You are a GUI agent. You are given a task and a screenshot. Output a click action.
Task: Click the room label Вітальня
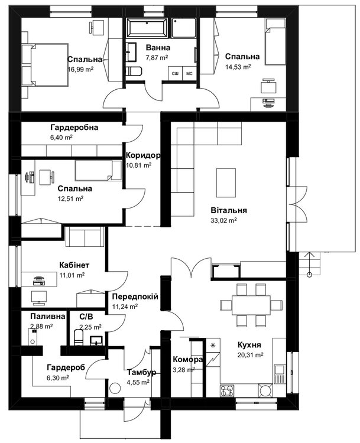[229, 210]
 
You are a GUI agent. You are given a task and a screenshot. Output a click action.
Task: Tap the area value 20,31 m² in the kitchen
[250, 355]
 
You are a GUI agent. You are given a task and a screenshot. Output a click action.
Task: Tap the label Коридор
[142, 155]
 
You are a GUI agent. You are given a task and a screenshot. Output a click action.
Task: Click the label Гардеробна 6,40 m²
[74, 128]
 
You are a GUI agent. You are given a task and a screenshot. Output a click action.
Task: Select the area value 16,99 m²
[82, 69]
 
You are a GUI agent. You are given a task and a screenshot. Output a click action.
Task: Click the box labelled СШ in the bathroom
[176, 73]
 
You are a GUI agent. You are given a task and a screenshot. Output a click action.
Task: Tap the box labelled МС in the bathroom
[190, 73]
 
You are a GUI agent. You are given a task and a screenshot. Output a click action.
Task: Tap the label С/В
[86, 317]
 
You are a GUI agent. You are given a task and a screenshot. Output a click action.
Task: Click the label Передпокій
[134, 297]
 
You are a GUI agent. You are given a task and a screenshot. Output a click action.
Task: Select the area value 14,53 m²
[237, 67]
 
